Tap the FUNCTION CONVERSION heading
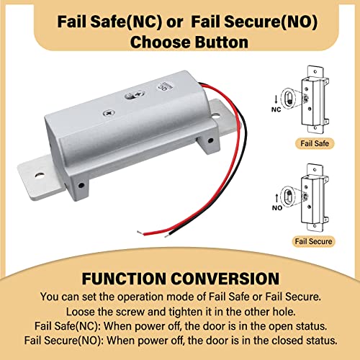(179, 278)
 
